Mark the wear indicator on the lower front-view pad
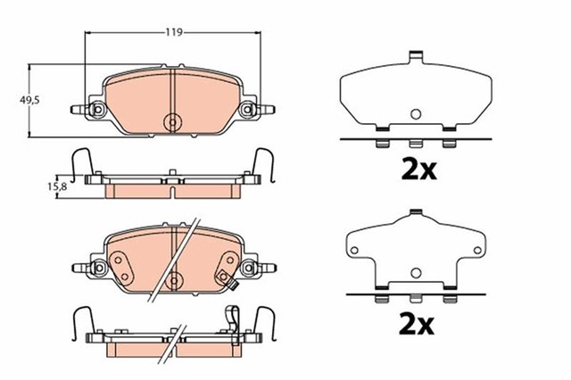coord(233,285)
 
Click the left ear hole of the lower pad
coord(97,266)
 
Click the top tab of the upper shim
coord(415,58)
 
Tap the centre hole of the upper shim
coord(415,113)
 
